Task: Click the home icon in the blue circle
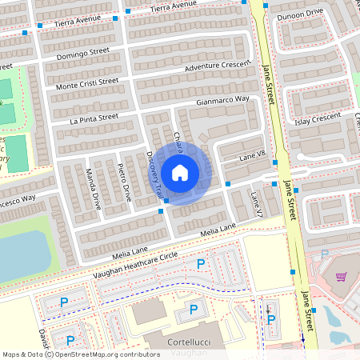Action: [x=180, y=173]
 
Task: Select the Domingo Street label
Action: [x=82, y=57]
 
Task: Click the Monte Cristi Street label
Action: [x=86, y=82]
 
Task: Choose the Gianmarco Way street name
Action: [x=223, y=101]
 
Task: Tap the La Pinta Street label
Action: [x=94, y=118]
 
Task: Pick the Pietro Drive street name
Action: [x=126, y=183]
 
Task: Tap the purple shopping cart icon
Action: [x=341, y=277]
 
